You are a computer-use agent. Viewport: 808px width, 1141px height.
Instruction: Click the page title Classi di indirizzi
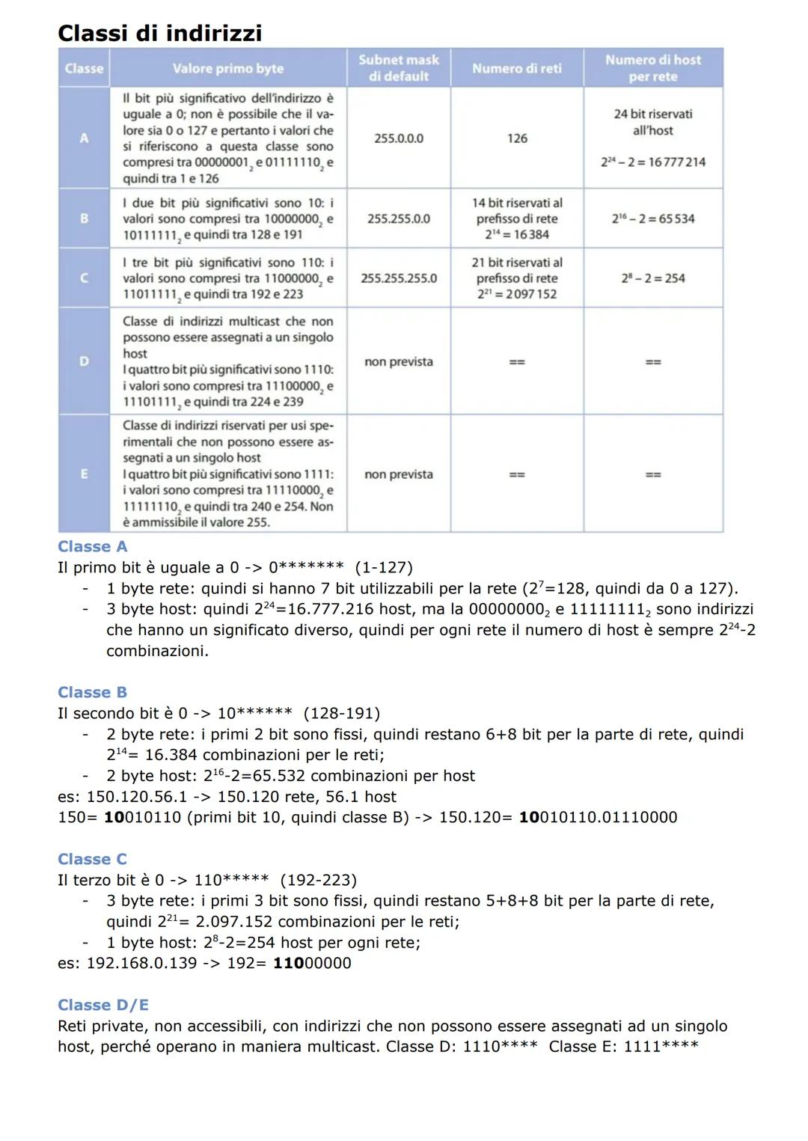(159, 33)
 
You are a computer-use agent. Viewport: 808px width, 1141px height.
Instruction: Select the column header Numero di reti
(516, 68)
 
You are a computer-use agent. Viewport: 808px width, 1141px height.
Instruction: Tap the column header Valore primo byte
(227, 68)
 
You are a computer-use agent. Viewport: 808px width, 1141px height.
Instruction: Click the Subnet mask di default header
(398, 68)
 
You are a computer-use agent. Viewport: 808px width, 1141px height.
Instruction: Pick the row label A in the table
(84, 138)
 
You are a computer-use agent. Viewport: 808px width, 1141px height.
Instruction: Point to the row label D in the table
(84, 361)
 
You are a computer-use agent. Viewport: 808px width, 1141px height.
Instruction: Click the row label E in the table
(84, 474)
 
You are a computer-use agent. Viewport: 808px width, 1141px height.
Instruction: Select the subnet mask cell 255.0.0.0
(398, 138)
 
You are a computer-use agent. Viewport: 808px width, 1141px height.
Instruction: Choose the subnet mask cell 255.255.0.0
(398, 218)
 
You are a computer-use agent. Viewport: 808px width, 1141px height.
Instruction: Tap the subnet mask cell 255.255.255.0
(398, 278)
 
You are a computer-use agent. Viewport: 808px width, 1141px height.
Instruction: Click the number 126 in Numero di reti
(516, 138)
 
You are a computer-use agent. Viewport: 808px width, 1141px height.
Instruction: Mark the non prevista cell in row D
(398, 362)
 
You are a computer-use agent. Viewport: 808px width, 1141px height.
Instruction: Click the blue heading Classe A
(92, 546)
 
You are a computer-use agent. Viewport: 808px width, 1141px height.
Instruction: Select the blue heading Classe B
(92, 692)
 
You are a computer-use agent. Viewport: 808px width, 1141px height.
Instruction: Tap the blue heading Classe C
(92, 859)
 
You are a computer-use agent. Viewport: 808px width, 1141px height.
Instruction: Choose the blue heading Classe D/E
(103, 1005)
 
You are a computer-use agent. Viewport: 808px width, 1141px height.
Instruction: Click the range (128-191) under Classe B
(341, 714)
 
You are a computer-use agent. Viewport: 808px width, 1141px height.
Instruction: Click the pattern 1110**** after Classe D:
(500, 1046)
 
